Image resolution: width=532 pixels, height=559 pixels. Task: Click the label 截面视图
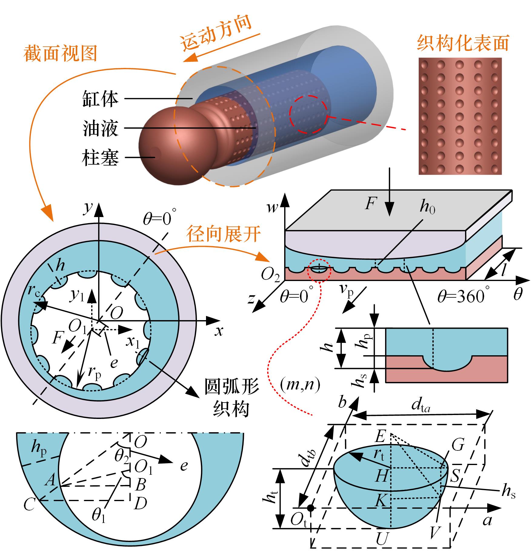[x=60, y=54]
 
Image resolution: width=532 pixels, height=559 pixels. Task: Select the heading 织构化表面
[x=463, y=43]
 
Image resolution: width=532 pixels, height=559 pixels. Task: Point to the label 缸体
[x=100, y=99]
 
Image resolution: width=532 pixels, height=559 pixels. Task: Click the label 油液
[x=100, y=128]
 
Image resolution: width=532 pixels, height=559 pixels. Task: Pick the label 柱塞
[x=100, y=158]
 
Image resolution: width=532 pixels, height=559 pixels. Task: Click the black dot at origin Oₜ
[x=310, y=507]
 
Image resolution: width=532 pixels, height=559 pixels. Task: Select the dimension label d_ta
[x=421, y=406]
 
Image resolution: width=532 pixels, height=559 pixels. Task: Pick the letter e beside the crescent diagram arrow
[x=184, y=465]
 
